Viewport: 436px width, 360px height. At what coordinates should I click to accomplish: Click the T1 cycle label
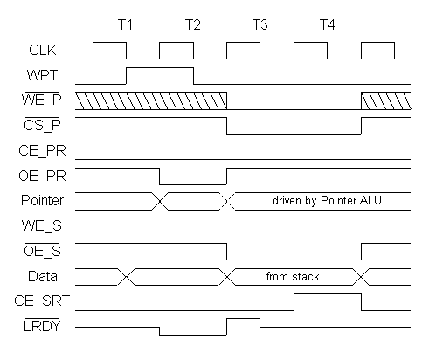pyautogui.click(x=125, y=24)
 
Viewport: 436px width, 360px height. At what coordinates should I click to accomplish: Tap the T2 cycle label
pyautogui.click(x=193, y=24)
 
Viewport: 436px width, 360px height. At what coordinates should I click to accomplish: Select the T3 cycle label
pyautogui.click(x=260, y=24)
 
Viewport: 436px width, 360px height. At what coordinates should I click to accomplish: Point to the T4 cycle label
pyautogui.click(x=328, y=24)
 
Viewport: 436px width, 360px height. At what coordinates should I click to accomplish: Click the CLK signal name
pyautogui.click(x=43, y=50)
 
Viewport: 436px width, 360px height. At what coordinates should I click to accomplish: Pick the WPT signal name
pyautogui.click(x=43, y=75)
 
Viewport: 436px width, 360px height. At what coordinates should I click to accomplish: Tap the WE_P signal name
pyautogui.click(x=42, y=100)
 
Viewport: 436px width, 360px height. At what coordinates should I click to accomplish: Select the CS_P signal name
pyautogui.click(x=43, y=125)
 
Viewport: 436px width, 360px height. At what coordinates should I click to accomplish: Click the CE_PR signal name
pyautogui.click(x=43, y=150)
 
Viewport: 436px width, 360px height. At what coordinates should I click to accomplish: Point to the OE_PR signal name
pyautogui.click(x=43, y=176)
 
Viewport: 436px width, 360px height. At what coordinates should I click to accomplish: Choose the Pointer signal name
pyautogui.click(x=43, y=200)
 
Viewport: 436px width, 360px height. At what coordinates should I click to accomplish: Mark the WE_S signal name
pyautogui.click(x=42, y=225)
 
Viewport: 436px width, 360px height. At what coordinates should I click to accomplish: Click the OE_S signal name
pyautogui.click(x=43, y=251)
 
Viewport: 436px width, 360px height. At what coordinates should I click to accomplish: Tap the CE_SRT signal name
pyautogui.click(x=43, y=301)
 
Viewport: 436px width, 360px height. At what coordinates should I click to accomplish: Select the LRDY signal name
pyautogui.click(x=42, y=326)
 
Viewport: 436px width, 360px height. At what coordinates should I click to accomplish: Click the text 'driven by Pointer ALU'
pyautogui.click(x=327, y=200)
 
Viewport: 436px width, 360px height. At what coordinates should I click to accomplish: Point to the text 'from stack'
pyautogui.click(x=293, y=276)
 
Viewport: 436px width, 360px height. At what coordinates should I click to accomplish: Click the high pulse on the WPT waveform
pyautogui.click(x=160, y=68)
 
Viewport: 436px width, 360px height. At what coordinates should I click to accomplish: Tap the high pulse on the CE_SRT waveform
pyautogui.click(x=328, y=294)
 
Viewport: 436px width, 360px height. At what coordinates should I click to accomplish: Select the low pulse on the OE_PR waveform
pyautogui.click(x=193, y=184)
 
